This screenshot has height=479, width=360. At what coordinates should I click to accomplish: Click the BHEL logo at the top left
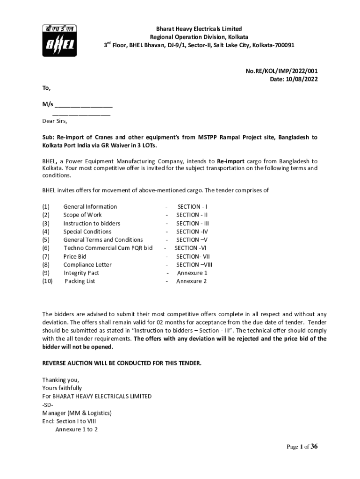pos(58,40)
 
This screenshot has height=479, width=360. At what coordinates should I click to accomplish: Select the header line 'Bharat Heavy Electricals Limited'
pos(199,29)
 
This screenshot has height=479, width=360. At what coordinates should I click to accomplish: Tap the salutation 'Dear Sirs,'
pos(55,121)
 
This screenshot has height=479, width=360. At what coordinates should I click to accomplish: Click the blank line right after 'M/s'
pos(84,104)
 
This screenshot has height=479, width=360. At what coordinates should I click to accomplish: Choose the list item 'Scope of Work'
pos(82,215)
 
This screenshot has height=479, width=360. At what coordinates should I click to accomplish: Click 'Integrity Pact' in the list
pos(81,273)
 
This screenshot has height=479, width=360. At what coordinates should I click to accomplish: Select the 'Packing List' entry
pos(80,281)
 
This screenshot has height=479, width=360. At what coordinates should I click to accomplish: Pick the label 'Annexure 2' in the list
pos(191,281)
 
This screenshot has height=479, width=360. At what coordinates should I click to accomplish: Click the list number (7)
pos(46,256)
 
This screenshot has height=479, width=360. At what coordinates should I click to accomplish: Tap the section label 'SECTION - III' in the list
pos(193,224)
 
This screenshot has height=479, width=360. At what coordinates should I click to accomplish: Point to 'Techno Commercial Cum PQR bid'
pos(108,248)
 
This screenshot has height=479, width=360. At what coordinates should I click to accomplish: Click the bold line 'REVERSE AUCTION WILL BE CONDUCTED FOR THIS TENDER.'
pos(122,363)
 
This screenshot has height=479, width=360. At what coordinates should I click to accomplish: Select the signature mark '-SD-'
pos(48,405)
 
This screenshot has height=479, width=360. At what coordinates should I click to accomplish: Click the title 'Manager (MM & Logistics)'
pos(77,413)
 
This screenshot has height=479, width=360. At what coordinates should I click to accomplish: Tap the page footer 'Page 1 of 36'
pos(302,447)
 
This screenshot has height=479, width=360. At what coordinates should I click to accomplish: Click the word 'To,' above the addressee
pos(46,88)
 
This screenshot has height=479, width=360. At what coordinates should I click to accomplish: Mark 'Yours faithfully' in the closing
pos(62,388)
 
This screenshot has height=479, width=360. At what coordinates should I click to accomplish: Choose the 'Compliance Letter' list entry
pos(87,265)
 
